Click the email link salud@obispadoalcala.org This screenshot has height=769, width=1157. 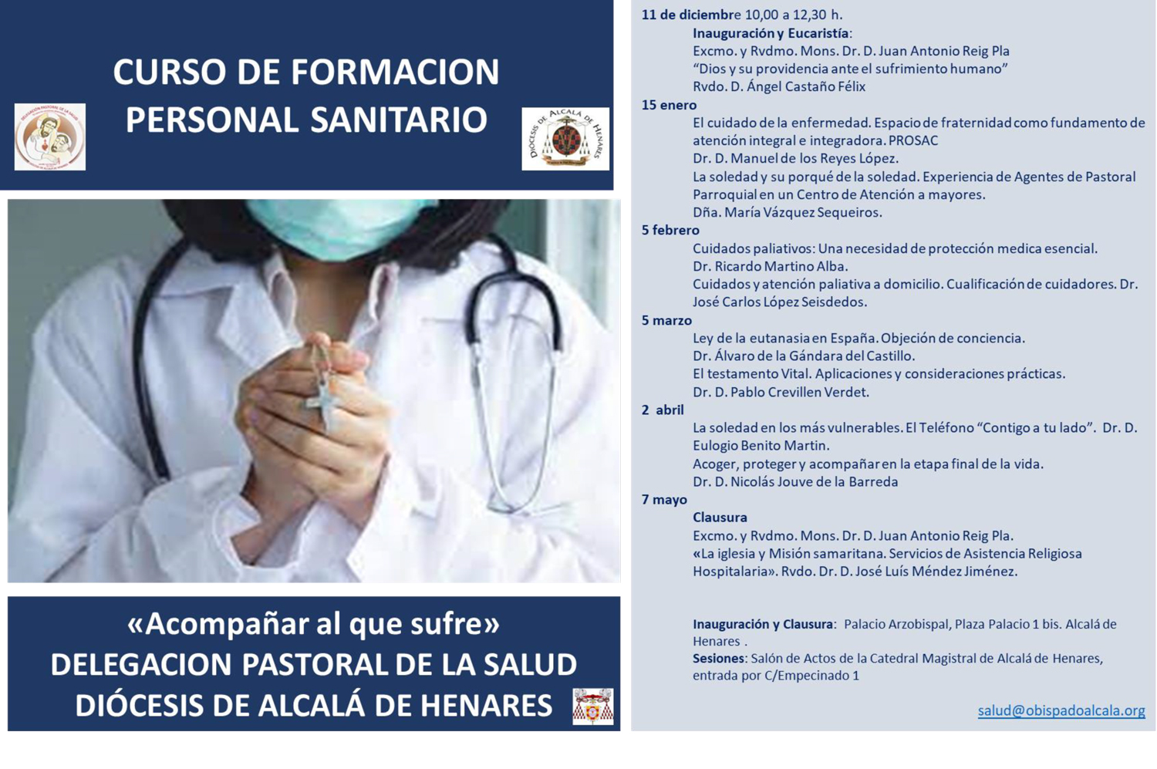pyautogui.click(x=1061, y=710)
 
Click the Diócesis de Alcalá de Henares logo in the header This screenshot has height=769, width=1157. pyautogui.click(x=565, y=139)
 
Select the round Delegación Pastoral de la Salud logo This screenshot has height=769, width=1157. pyautogui.click(x=50, y=137)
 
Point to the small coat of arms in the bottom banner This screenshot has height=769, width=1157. pyautogui.click(x=593, y=707)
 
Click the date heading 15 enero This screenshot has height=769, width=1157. pyautogui.click(x=669, y=106)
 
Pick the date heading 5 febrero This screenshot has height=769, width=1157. pyautogui.click(x=670, y=231)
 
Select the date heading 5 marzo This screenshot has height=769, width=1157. pyautogui.click(x=667, y=321)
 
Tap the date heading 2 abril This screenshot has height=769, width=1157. pyautogui.click(x=663, y=410)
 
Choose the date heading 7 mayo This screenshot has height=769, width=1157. pyautogui.click(x=664, y=500)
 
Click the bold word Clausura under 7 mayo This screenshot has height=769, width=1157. pyautogui.click(x=720, y=518)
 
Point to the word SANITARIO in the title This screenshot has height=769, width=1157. pyautogui.click(x=399, y=120)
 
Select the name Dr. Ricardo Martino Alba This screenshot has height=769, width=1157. pyautogui.click(x=770, y=267)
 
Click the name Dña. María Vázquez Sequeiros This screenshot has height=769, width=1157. pyautogui.click(x=788, y=212)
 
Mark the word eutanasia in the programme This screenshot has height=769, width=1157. pyautogui.click(x=754, y=339)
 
